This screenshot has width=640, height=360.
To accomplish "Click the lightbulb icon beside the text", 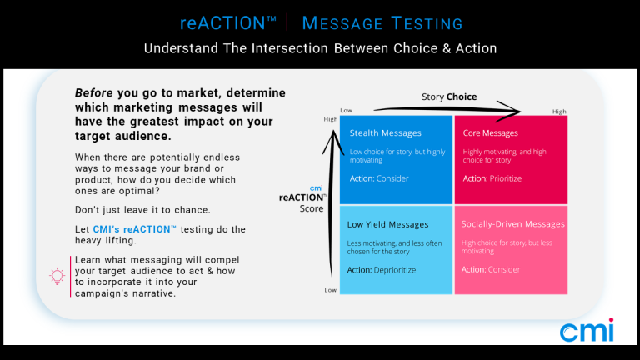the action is pyautogui.click(x=57, y=277).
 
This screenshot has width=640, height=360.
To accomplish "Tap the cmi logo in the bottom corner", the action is pyautogui.click(x=587, y=330).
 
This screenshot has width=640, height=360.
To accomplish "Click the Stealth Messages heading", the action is pyautogui.click(x=385, y=133).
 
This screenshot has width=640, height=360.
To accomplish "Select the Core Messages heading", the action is pyautogui.click(x=490, y=133).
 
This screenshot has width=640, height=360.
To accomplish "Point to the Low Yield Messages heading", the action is pyautogui.click(x=387, y=224).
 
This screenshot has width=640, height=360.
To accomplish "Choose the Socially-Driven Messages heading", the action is pyautogui.click(x=513, y=224).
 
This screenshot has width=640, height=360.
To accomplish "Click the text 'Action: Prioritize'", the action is pyautogui.click(x=492, y=178).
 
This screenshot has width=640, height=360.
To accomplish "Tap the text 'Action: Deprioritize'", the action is pyautogui.click(x=381, y=270).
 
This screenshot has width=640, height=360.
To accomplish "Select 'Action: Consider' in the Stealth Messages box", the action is pyautogui.click(x=379, y=178).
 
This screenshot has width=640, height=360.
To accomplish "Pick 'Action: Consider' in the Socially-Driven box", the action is pyautogui.click(x=491, y=269).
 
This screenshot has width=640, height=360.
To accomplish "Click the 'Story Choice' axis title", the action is pyautogui.click(x=449, y=97).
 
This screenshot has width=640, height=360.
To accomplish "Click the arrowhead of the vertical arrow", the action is pyautogui.click(x=333, y=131).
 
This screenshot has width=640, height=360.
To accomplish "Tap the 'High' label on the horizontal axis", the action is pyautogui.click(x=559, y=112).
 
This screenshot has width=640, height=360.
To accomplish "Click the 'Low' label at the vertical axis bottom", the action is pyautogui.click(x=331, y=290).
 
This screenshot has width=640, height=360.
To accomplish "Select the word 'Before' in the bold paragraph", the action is pyautogui.click(x=93, y=93).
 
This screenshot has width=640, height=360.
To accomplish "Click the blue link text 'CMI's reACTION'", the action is pyautogui.click(x=135, y=229).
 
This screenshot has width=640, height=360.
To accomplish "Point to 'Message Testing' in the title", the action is pyautogui.click(x=382, y=23).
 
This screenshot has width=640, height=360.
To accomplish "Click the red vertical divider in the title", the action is pyautogui.click(x=287, y=22).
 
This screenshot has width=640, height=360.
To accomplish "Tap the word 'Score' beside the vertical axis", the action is pyautogui.click(x=312, y=208).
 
